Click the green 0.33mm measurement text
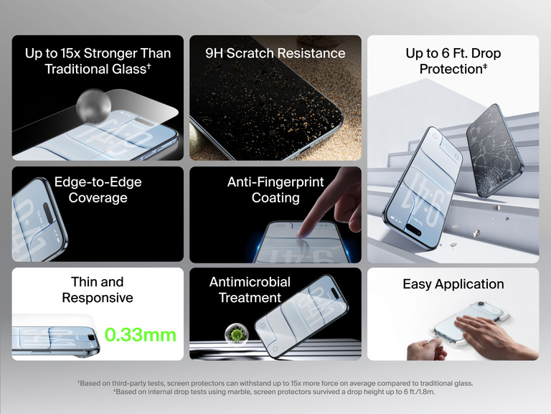point(140,334)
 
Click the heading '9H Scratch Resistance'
point(275,53)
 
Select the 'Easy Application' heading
point(453,284)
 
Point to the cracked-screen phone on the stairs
point(494,149)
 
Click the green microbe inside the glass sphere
point(235,334)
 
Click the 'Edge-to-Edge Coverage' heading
point(98,190)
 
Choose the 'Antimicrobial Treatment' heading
point(250,289)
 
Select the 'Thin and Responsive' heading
point(98,289)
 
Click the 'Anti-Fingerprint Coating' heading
point(275,190)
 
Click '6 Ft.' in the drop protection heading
point(456,53)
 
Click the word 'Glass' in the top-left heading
point(124,69)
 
